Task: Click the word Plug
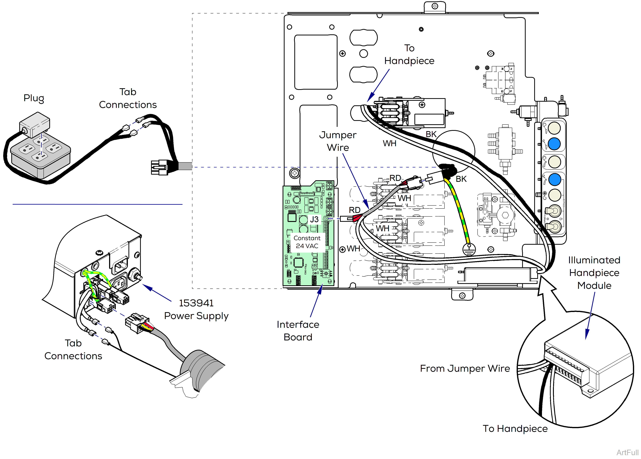[x=34, y=98]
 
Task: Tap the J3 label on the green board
[x=314, y=219]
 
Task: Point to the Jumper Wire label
[x=338, y=141]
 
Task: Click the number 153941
[x=196, y=303]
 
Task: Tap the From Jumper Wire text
[x=465, y=368]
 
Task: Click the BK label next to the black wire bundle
[x=461, y=179]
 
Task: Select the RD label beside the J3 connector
[x=355, y=210]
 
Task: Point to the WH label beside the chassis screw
[x=353, y=249]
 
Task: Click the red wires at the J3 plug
[x=357, y=218]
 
